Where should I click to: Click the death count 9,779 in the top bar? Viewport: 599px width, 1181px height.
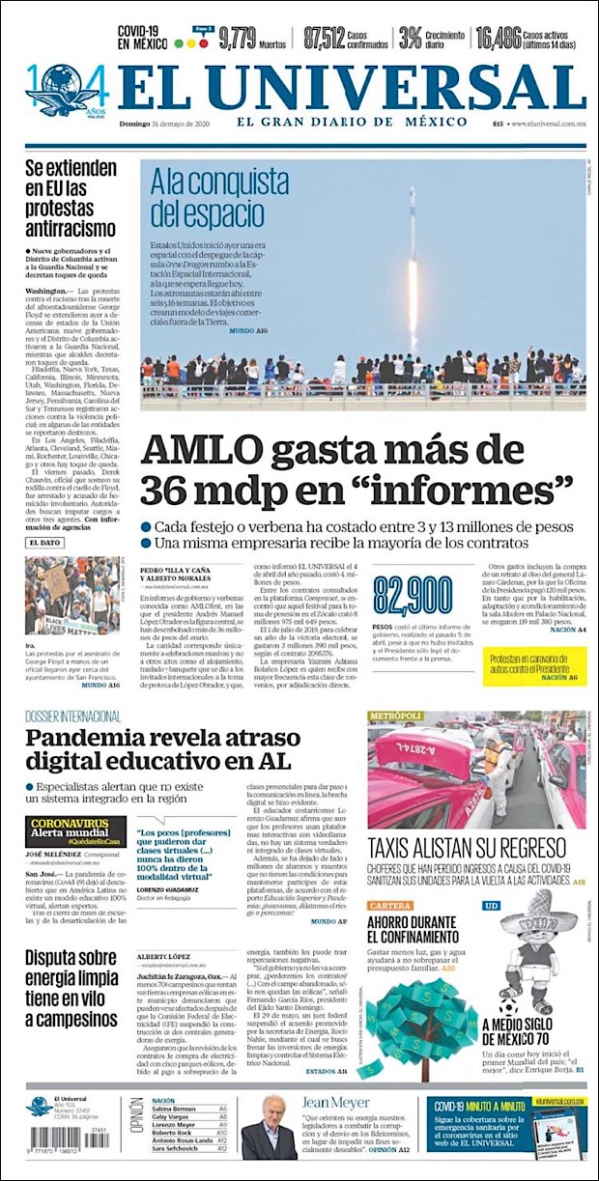[237, 38]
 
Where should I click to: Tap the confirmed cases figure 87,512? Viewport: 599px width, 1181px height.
[324, 38]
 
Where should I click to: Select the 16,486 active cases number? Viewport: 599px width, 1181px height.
[499, 38]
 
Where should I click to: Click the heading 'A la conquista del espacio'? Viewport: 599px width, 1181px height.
[206, 195]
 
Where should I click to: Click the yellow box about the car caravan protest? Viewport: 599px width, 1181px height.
[534, 665]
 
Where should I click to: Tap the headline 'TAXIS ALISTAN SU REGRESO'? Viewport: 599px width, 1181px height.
[466, 849]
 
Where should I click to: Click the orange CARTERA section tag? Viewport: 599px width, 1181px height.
[390, 906]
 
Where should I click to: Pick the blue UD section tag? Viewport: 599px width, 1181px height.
[492, 906]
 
